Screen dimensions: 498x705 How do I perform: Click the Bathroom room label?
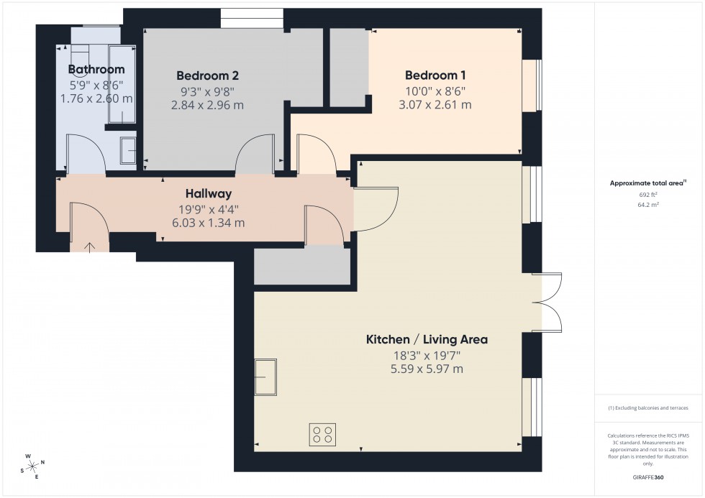click(96, 70)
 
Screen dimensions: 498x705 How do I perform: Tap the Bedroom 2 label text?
click(207, 75)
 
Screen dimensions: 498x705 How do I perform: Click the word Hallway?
click(208, 193)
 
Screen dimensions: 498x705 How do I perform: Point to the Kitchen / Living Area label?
click(427, 339)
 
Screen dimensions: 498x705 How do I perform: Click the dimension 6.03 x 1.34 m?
click(208, 223)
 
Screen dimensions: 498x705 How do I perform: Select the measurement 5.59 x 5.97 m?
click(427, 369)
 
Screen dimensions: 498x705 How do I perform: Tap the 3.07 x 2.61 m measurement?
click(436, 105)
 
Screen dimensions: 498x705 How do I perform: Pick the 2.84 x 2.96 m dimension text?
click(207, 105)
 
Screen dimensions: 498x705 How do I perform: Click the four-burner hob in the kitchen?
click(322, 435)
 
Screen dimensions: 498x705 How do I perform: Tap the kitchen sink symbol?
click(265, 377)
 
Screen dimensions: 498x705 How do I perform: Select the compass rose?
click(32, 466)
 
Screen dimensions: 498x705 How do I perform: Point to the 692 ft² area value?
click(649, 195)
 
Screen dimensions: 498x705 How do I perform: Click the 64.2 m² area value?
click(649, 204)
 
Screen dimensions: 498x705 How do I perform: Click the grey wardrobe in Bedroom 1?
click(349, 69)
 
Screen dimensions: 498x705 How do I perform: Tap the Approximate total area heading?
click(647, 183)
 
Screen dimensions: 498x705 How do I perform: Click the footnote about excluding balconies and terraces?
click(648, 407)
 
